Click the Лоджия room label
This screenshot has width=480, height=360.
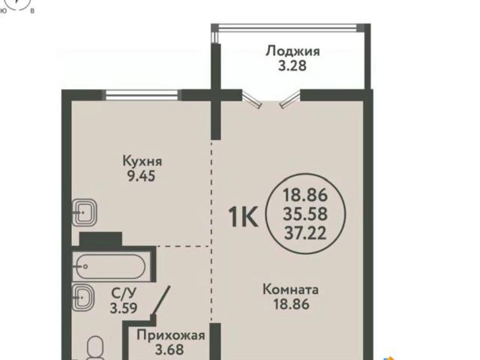(292, 51)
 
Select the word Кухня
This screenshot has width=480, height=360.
(142, 161)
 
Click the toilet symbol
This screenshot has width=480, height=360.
(95, 349)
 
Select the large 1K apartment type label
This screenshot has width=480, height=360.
(244, 217)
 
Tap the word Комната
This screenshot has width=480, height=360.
(291, 289)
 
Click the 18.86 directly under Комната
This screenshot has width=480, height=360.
(291, 304)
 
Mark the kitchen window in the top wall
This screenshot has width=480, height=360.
(142, 95)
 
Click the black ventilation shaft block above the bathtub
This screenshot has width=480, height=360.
(100, 239)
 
